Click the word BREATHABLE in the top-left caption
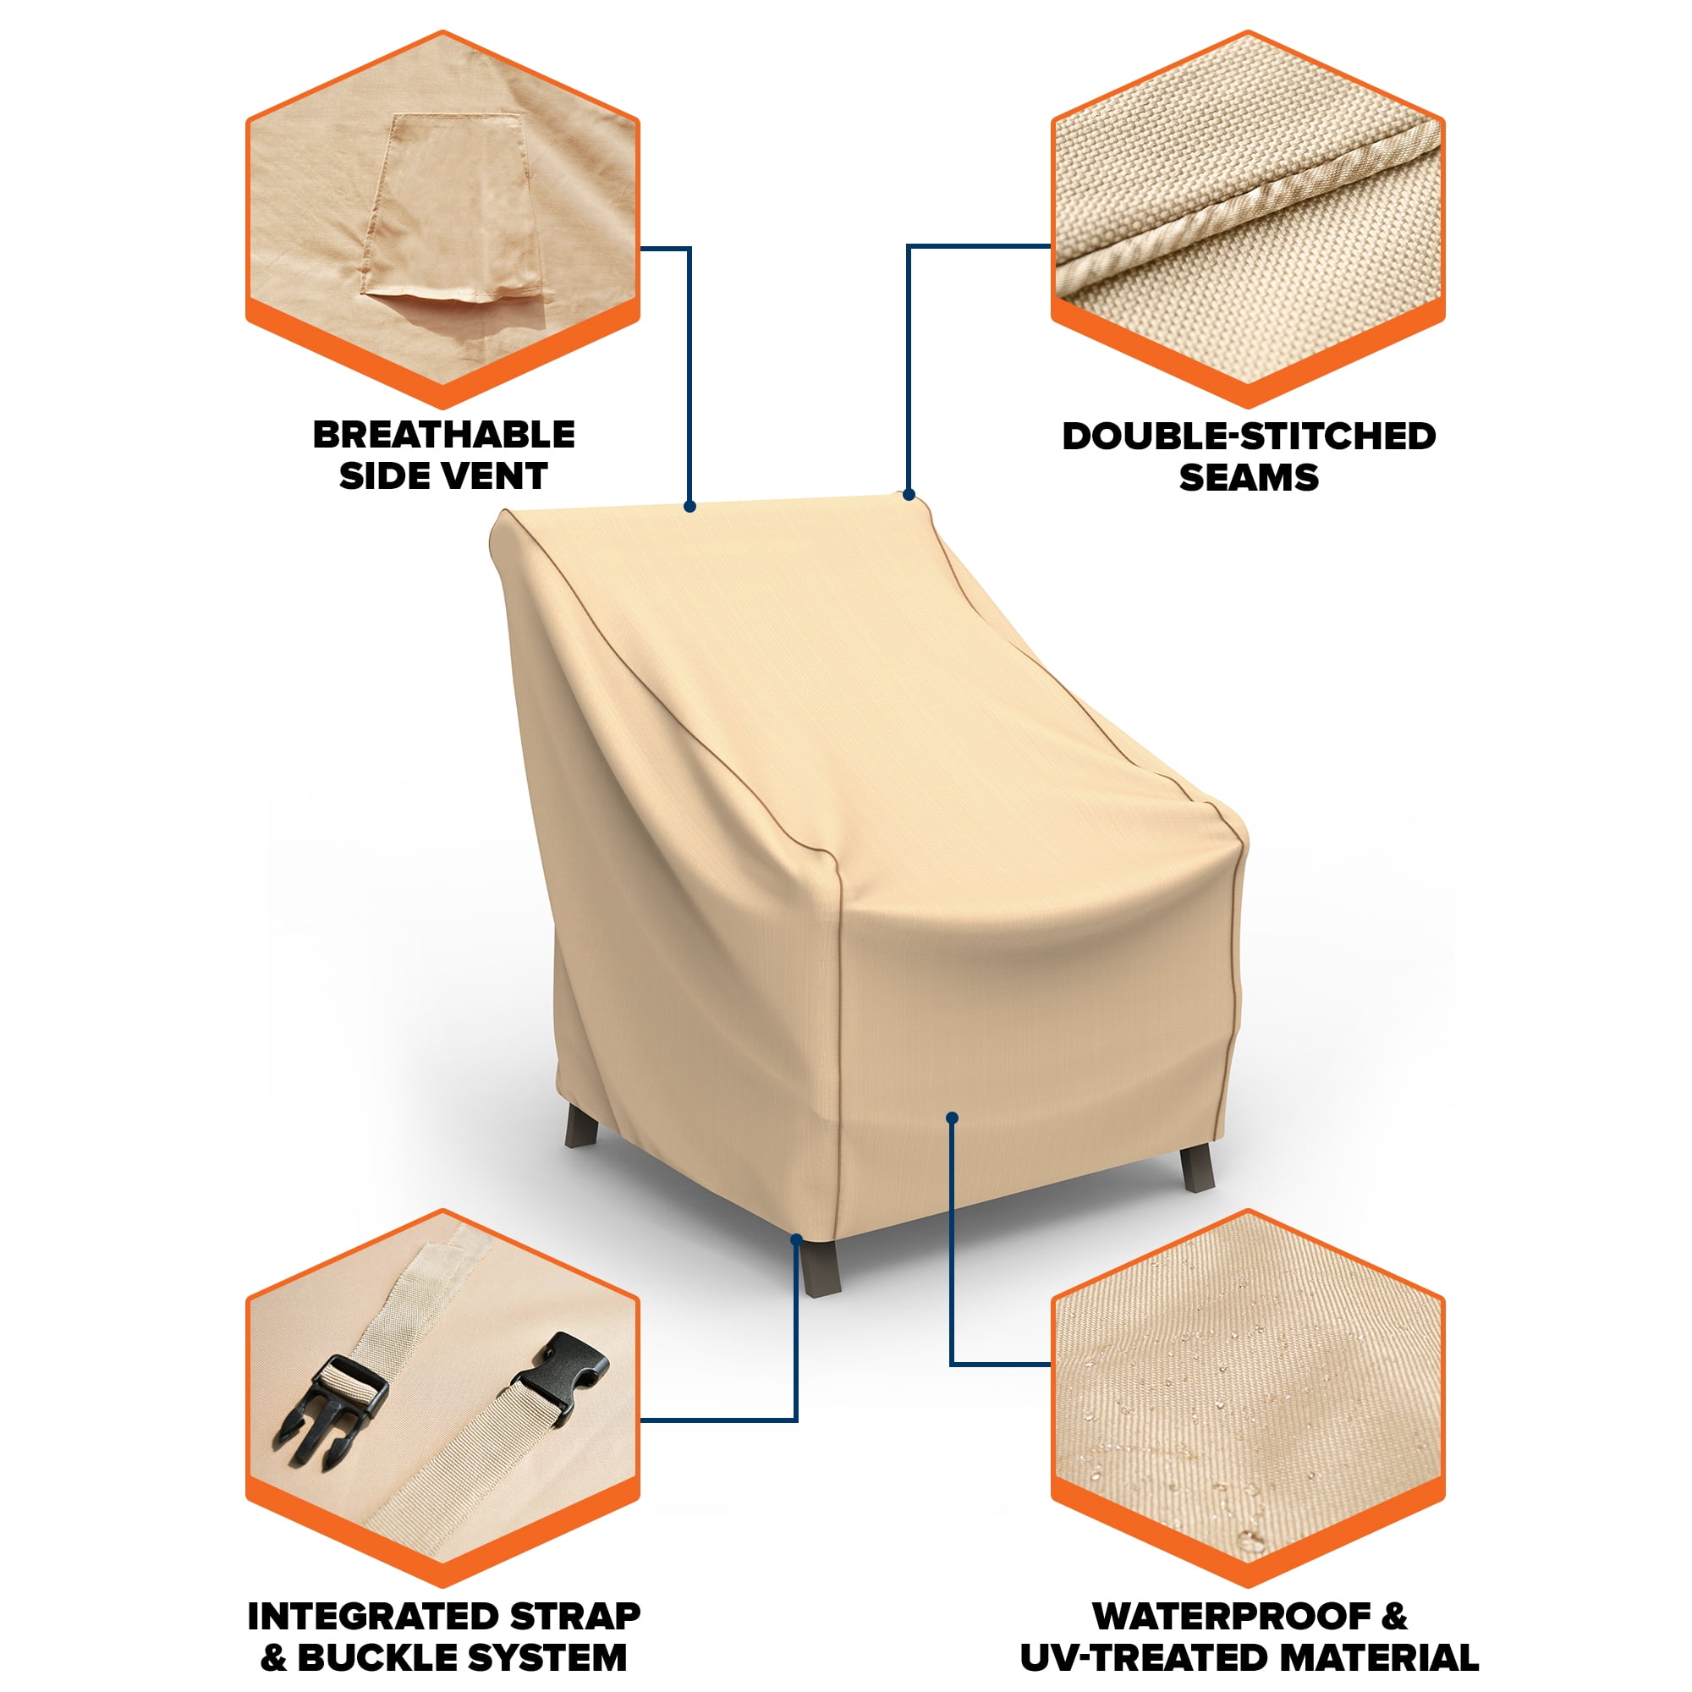pyautogui.click(x=444, y=434)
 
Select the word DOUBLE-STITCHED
pyautogui.click(x=1249, y=437)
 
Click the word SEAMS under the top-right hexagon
pyautogui.click(x=1249, y=477)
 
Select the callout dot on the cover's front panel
pyautogui.click(x=952, y=1118)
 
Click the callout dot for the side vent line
pyautogui.click(x=690, y=506)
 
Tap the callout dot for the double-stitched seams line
pyautogui.click(x=909, y=495)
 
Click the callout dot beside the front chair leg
pyautogui.click(x=796, y=1239)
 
